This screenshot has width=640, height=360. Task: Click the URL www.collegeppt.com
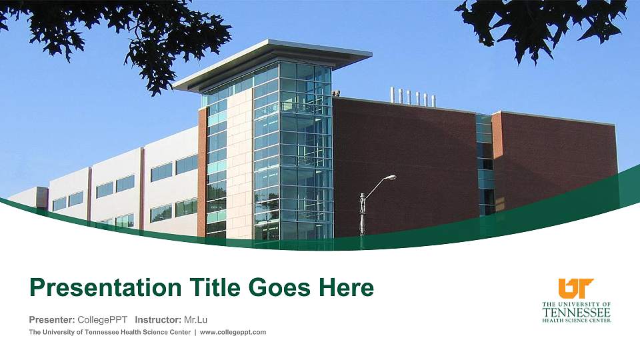(233, 332)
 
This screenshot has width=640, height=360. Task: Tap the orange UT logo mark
(576, 288)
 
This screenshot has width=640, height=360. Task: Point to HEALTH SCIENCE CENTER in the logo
(576, 320)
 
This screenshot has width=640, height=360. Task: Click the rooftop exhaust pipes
(413, 97)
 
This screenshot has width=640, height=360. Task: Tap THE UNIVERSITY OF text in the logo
(576, 303)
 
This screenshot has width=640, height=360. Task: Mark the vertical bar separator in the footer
(195, 332)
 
